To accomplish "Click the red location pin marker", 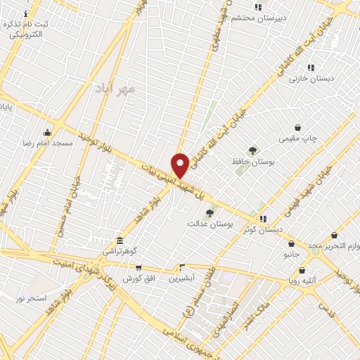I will (x=180, y=165).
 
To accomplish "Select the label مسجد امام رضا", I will (x=48, y=143).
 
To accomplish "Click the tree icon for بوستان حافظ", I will (x=252, y=150).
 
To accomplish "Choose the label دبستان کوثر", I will (x=263, y=229).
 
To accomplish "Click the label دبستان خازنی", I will (x=307, y=79).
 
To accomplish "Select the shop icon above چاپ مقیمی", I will (x=298, y=128).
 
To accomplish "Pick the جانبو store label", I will (x=291, y=253).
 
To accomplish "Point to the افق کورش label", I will (x=138, y=278).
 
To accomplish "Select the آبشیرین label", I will (x=182, y=278).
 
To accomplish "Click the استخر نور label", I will (x=31, y=299).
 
